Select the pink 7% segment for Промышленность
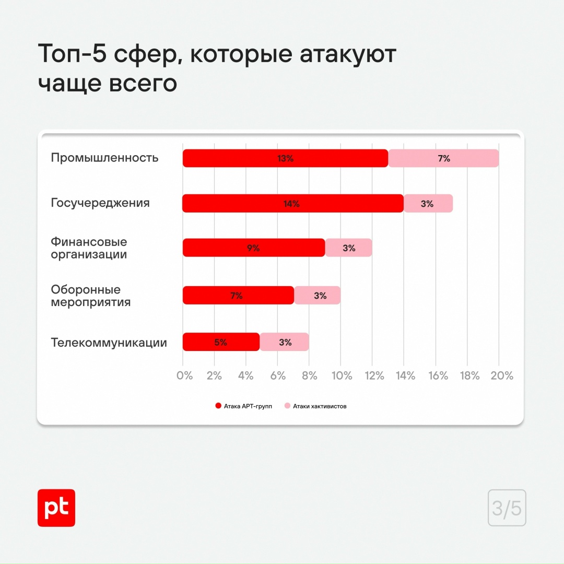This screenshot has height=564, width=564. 443,158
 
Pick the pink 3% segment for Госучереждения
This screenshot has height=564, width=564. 428,204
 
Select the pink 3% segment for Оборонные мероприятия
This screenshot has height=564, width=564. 318,296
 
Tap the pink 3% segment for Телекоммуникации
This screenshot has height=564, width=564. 285,343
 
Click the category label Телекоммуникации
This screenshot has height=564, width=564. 109,343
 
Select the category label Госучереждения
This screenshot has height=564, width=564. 100,203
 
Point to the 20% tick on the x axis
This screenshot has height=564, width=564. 502,375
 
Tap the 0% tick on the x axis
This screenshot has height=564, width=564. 185,375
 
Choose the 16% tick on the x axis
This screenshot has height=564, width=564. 438,375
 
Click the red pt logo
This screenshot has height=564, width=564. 56,508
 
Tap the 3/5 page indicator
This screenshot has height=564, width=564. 507,508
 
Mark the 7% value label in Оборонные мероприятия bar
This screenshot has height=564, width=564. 236,296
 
